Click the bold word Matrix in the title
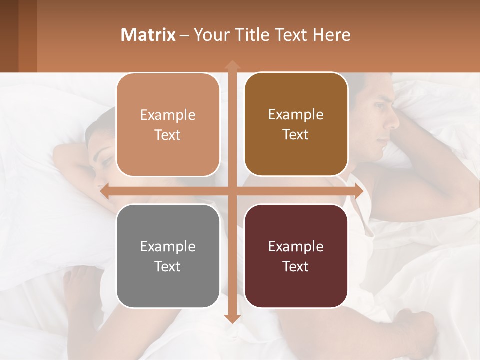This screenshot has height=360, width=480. coord(148,35)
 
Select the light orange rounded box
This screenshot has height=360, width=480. coord(168,125)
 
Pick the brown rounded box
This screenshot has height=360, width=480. coord(296,124)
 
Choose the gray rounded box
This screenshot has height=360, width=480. coord(168,256)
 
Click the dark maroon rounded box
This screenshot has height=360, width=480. coord(296,256)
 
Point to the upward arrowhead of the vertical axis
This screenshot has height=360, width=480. coord(232,64)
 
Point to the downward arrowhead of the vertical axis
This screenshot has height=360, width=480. coord(232,318)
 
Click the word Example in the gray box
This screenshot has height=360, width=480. coord(168,246)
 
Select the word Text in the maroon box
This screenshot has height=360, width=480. coord(296,266)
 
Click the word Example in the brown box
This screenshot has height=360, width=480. coord(296,114)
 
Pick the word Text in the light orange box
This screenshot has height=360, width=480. coord(168,135)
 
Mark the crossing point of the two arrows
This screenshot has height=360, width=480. coord(232,191)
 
